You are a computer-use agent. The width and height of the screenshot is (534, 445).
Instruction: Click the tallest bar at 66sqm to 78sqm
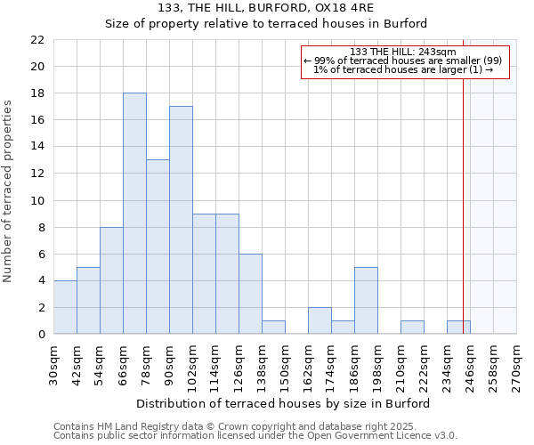[x=134, y=214]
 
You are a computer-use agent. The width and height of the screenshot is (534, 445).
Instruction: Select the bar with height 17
[x=181, y=220]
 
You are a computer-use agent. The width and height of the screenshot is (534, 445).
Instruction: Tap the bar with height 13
[x=158, y=247]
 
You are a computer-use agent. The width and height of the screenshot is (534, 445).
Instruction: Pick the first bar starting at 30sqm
[x=65, y=307]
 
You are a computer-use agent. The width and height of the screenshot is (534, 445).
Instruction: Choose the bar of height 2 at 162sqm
[x=320, y=320]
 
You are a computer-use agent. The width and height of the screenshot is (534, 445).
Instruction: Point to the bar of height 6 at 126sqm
[x=250, y=294]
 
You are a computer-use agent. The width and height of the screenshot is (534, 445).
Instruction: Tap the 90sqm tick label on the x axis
[x=169, y=363]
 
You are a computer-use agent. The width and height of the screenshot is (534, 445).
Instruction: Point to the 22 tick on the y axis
[x=37, y=40]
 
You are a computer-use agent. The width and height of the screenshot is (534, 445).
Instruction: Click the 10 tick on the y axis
[x=37, y=200]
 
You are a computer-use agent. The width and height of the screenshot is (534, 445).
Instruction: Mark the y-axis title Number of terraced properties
[x=9, y=191]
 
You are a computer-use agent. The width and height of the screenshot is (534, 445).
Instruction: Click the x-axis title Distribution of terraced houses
[x=285, y=403]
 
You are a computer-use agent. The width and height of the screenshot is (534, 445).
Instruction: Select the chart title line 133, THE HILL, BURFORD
[x=266, y=8]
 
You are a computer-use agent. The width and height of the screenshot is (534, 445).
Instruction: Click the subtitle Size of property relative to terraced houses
[x=266, y=24]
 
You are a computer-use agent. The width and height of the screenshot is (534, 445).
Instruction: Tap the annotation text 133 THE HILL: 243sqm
[x=403, y=52]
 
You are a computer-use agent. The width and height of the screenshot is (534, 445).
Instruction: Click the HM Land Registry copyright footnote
[x=255, y=427]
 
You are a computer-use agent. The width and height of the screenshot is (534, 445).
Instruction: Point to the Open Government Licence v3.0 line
[x=255, y=436]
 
